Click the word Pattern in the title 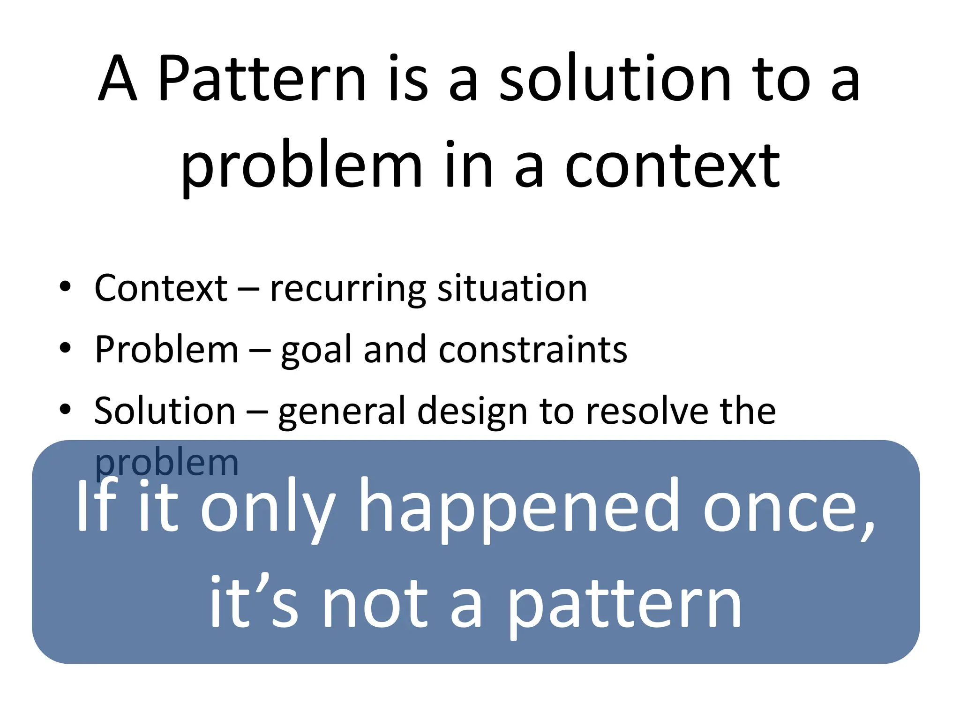261,78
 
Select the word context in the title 672,166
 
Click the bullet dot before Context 65,286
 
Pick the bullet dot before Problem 65,348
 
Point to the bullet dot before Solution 65,409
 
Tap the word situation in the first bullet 512,288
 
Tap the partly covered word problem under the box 166,464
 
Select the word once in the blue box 787,508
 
